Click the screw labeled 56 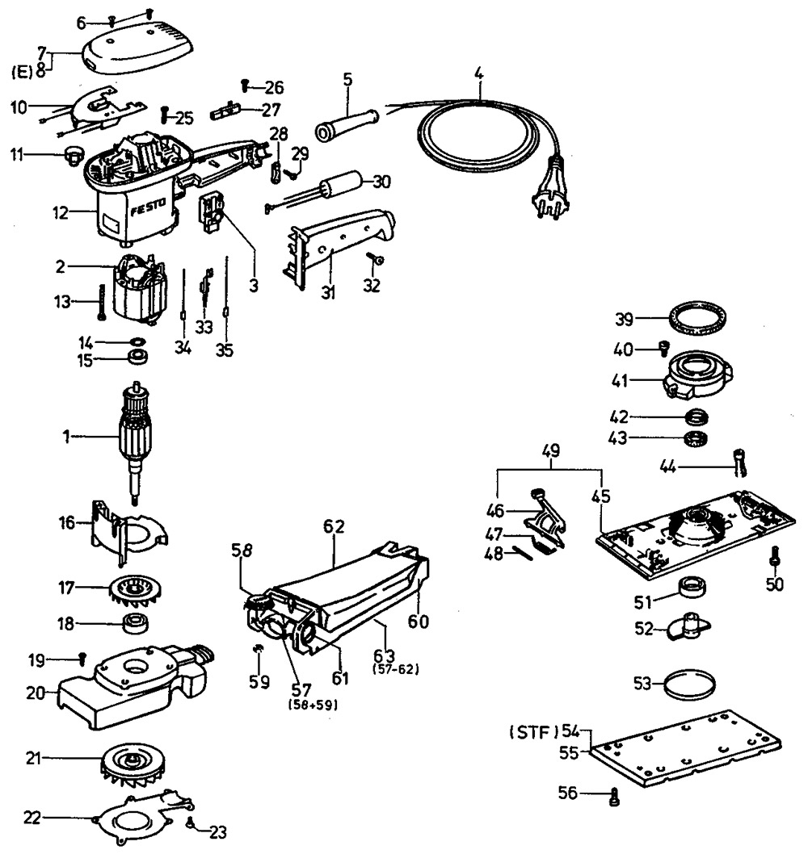(x=615, y=798)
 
